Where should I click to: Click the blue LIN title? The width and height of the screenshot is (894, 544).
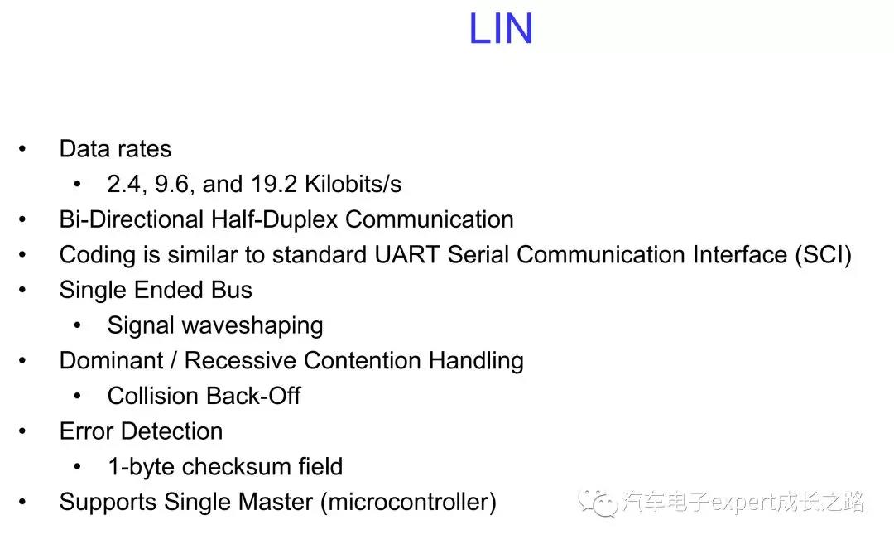[x=501, y=30]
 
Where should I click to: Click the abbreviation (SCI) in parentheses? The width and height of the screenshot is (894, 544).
[x=823, y=254]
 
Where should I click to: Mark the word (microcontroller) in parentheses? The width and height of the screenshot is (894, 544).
[x=414, y=503]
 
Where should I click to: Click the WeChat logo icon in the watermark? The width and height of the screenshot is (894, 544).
[x=597, y=502]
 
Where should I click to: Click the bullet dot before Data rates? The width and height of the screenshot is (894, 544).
[x=23, y=149]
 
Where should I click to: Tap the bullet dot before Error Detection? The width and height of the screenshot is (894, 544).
[x=23, y=431]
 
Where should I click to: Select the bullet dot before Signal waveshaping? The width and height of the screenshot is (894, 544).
[x=78, y=325]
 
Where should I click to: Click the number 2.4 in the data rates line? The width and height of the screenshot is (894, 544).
[x=123, y=184]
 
